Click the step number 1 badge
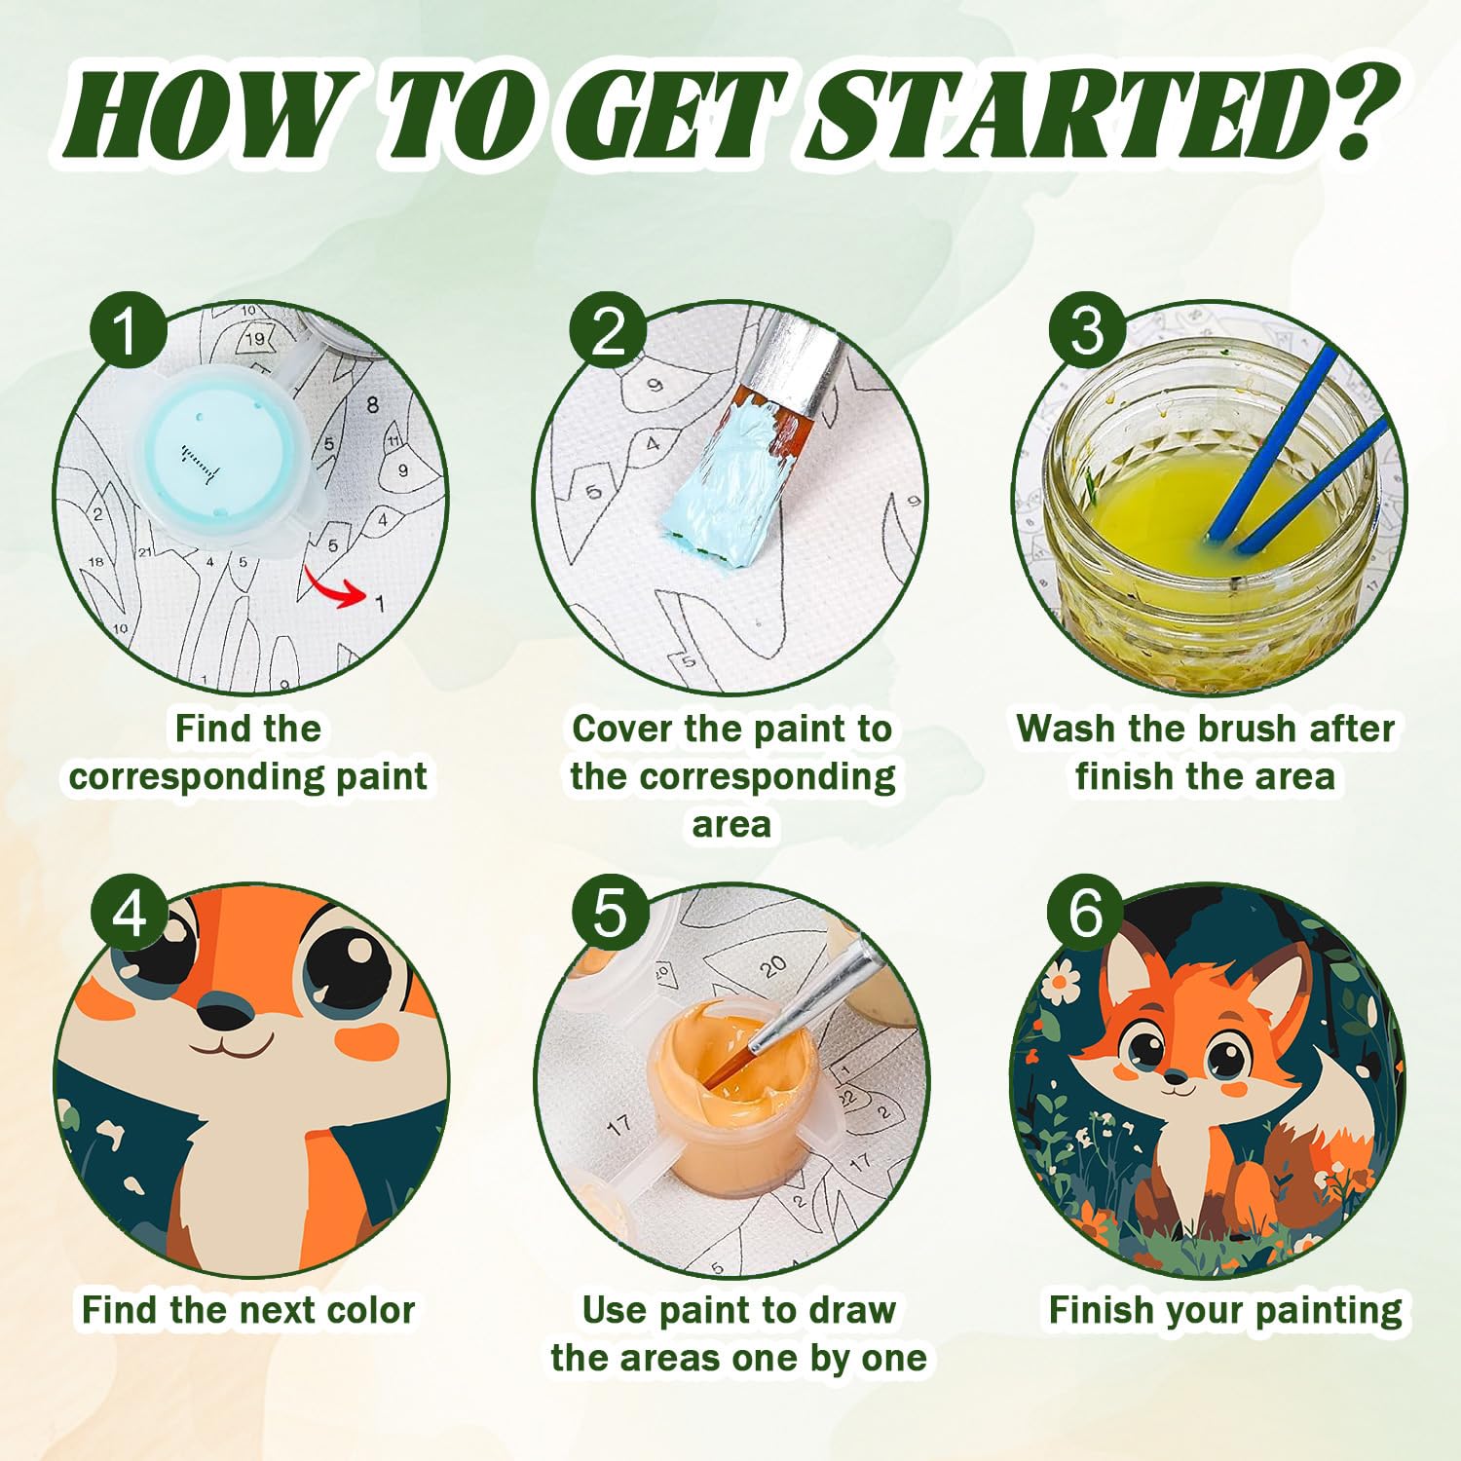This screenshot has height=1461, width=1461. click(127, 330)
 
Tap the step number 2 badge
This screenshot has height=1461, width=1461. click(609, 330)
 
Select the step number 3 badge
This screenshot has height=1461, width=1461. click(1087, 330)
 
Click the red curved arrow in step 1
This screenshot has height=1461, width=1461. click(331, 588)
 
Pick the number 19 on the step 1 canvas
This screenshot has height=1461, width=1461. click(254, 339)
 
